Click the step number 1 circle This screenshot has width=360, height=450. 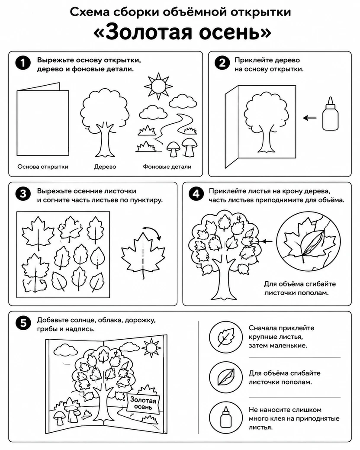click(22, 63)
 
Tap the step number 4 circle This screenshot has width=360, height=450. click(196, 194)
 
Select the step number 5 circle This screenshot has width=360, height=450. click(22, 323)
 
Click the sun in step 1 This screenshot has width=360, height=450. click(158, 86)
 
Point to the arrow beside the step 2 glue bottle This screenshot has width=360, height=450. click(310, 118)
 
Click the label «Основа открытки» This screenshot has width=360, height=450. click(43, 167)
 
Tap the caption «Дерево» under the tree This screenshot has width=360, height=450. click(105, 167)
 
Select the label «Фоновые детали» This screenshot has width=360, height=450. click(167, 167)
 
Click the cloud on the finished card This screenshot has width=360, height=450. click(65, 350)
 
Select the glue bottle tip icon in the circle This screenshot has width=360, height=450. click(225, 417)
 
